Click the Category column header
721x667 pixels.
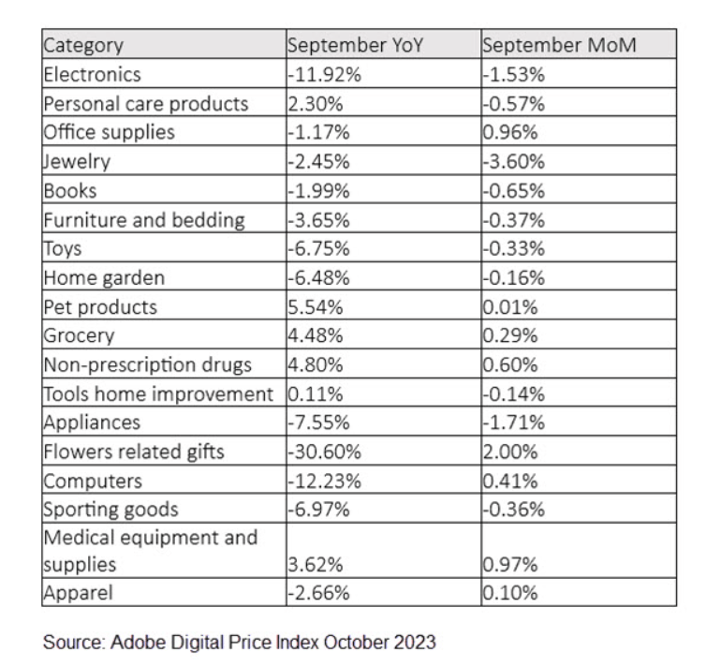click(x=83, y=45)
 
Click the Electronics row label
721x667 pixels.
click(x=92, y=74)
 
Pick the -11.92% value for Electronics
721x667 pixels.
click(x=321, y=74)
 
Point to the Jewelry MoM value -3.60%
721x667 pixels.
click(x=512, y=161)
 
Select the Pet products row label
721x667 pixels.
click(x=100, y=307)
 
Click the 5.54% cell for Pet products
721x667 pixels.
click(x=313, y=307)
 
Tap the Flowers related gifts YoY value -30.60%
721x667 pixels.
click(x=321, y=452)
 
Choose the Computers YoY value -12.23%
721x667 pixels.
click(x=321, y=482)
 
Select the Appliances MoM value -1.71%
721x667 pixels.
click(x=512, y=423)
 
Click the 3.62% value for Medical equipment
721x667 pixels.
click(x=313, y=566)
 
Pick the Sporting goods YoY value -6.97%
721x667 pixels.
click(x=318, y=511)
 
